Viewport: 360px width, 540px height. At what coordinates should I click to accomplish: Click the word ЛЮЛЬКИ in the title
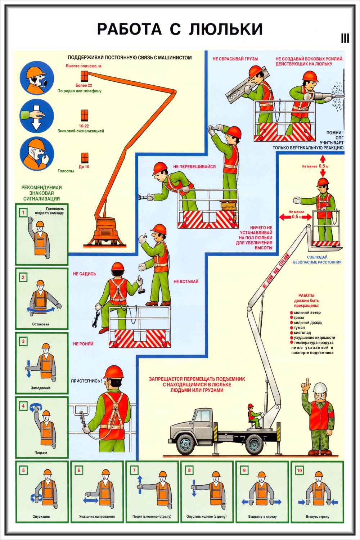click(226, 29)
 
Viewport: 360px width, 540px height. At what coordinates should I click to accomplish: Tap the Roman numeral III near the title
click(345, 39)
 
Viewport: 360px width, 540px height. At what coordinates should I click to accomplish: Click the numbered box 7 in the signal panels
click(134, 470)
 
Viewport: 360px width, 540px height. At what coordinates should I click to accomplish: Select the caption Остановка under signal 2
click(40, 324)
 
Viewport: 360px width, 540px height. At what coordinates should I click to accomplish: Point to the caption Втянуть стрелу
click(318, 517)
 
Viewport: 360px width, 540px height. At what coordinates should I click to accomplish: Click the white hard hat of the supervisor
click(320, 387)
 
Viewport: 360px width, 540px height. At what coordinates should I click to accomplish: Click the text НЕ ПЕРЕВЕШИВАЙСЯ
click(194, 167)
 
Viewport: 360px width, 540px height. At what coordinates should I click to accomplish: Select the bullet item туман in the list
click(299, 328)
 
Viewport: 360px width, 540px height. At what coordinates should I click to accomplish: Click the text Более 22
click(84, 85)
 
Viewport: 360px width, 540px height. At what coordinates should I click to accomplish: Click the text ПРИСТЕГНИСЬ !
click(86, 381)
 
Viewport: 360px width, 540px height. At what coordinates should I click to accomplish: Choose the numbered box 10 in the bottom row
click(299, 470)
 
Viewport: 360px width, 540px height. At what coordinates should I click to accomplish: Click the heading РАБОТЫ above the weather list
click(306, 295)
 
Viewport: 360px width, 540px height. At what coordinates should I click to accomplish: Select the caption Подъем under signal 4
click(41, 453)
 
